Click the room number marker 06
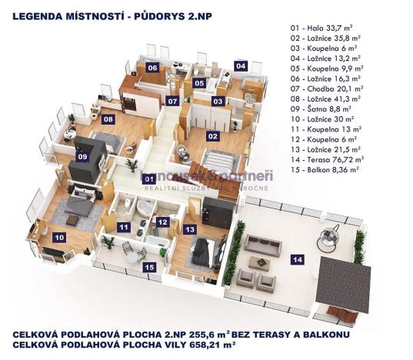152,68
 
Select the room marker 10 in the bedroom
58,238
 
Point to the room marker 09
83,156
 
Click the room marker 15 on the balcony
149,267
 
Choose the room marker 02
211,137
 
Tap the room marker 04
241,66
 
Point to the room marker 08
108,119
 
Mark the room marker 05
198,83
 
